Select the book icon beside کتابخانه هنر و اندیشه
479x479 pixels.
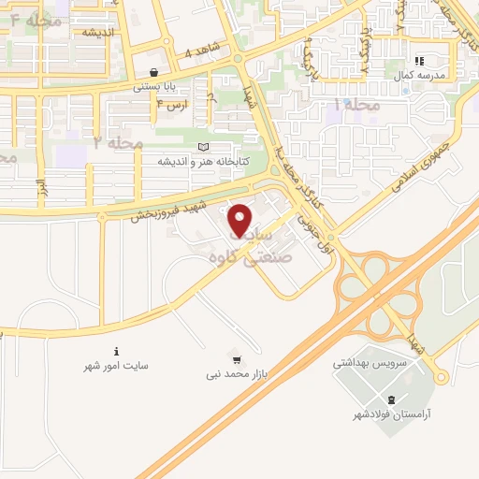205,147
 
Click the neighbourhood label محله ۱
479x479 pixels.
356,104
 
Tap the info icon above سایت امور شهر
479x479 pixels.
116,352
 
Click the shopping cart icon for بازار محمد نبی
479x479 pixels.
237,357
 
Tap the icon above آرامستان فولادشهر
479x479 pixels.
380,399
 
